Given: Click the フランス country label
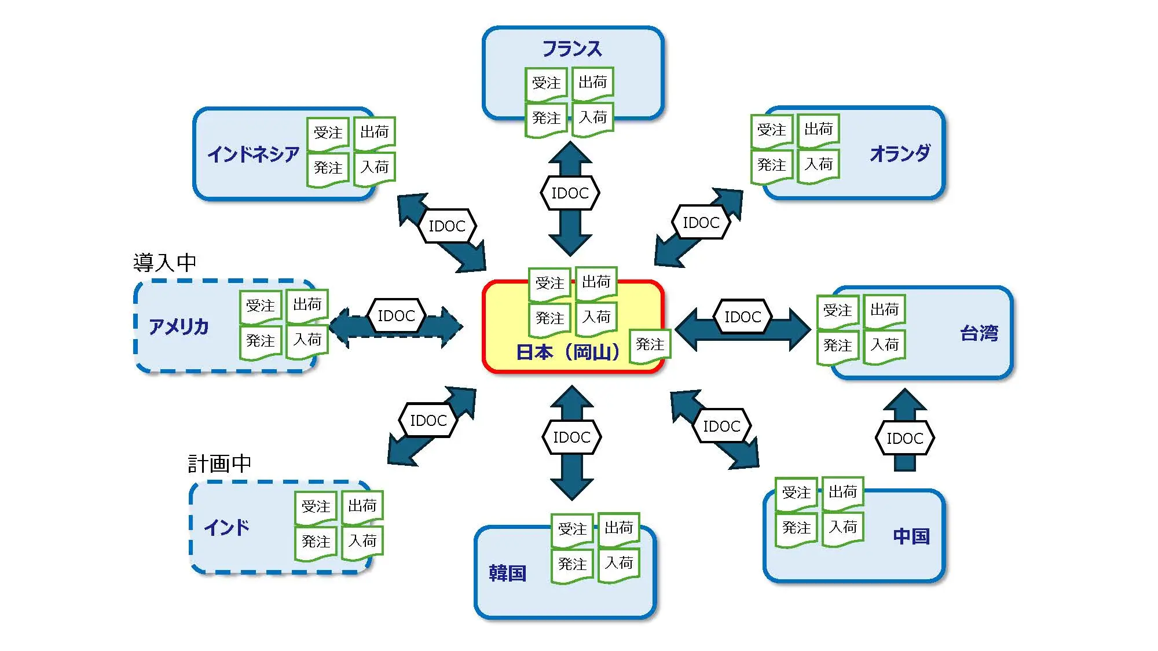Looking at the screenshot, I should [572, 49].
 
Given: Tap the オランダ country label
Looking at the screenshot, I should [900, 153].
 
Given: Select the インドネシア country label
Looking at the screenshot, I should [253, 154].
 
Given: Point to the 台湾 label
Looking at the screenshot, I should [979, 333].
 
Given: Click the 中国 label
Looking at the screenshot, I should [911, 536].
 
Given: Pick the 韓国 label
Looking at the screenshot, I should [507, 573].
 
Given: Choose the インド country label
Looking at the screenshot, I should [226, 527].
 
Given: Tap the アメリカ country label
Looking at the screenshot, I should [178, 327].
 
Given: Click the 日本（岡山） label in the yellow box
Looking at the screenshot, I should [567, 352].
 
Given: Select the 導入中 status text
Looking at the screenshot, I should [165, 263].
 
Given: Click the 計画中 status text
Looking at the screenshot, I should [219, 464].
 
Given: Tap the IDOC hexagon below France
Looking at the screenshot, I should [570, 193].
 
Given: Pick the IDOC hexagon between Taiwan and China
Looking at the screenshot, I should [904, 439].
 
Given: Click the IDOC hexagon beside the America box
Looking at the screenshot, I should [396, 316].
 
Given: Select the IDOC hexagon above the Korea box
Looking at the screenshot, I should [571, 437].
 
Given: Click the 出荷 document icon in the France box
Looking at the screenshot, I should [593, 83].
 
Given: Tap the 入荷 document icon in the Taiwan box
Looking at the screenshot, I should [884, 346].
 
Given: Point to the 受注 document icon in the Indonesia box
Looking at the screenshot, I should [328, 134].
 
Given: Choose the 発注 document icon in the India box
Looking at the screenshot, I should [316, 543].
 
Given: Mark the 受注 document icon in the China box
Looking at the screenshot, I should [796, 494].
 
